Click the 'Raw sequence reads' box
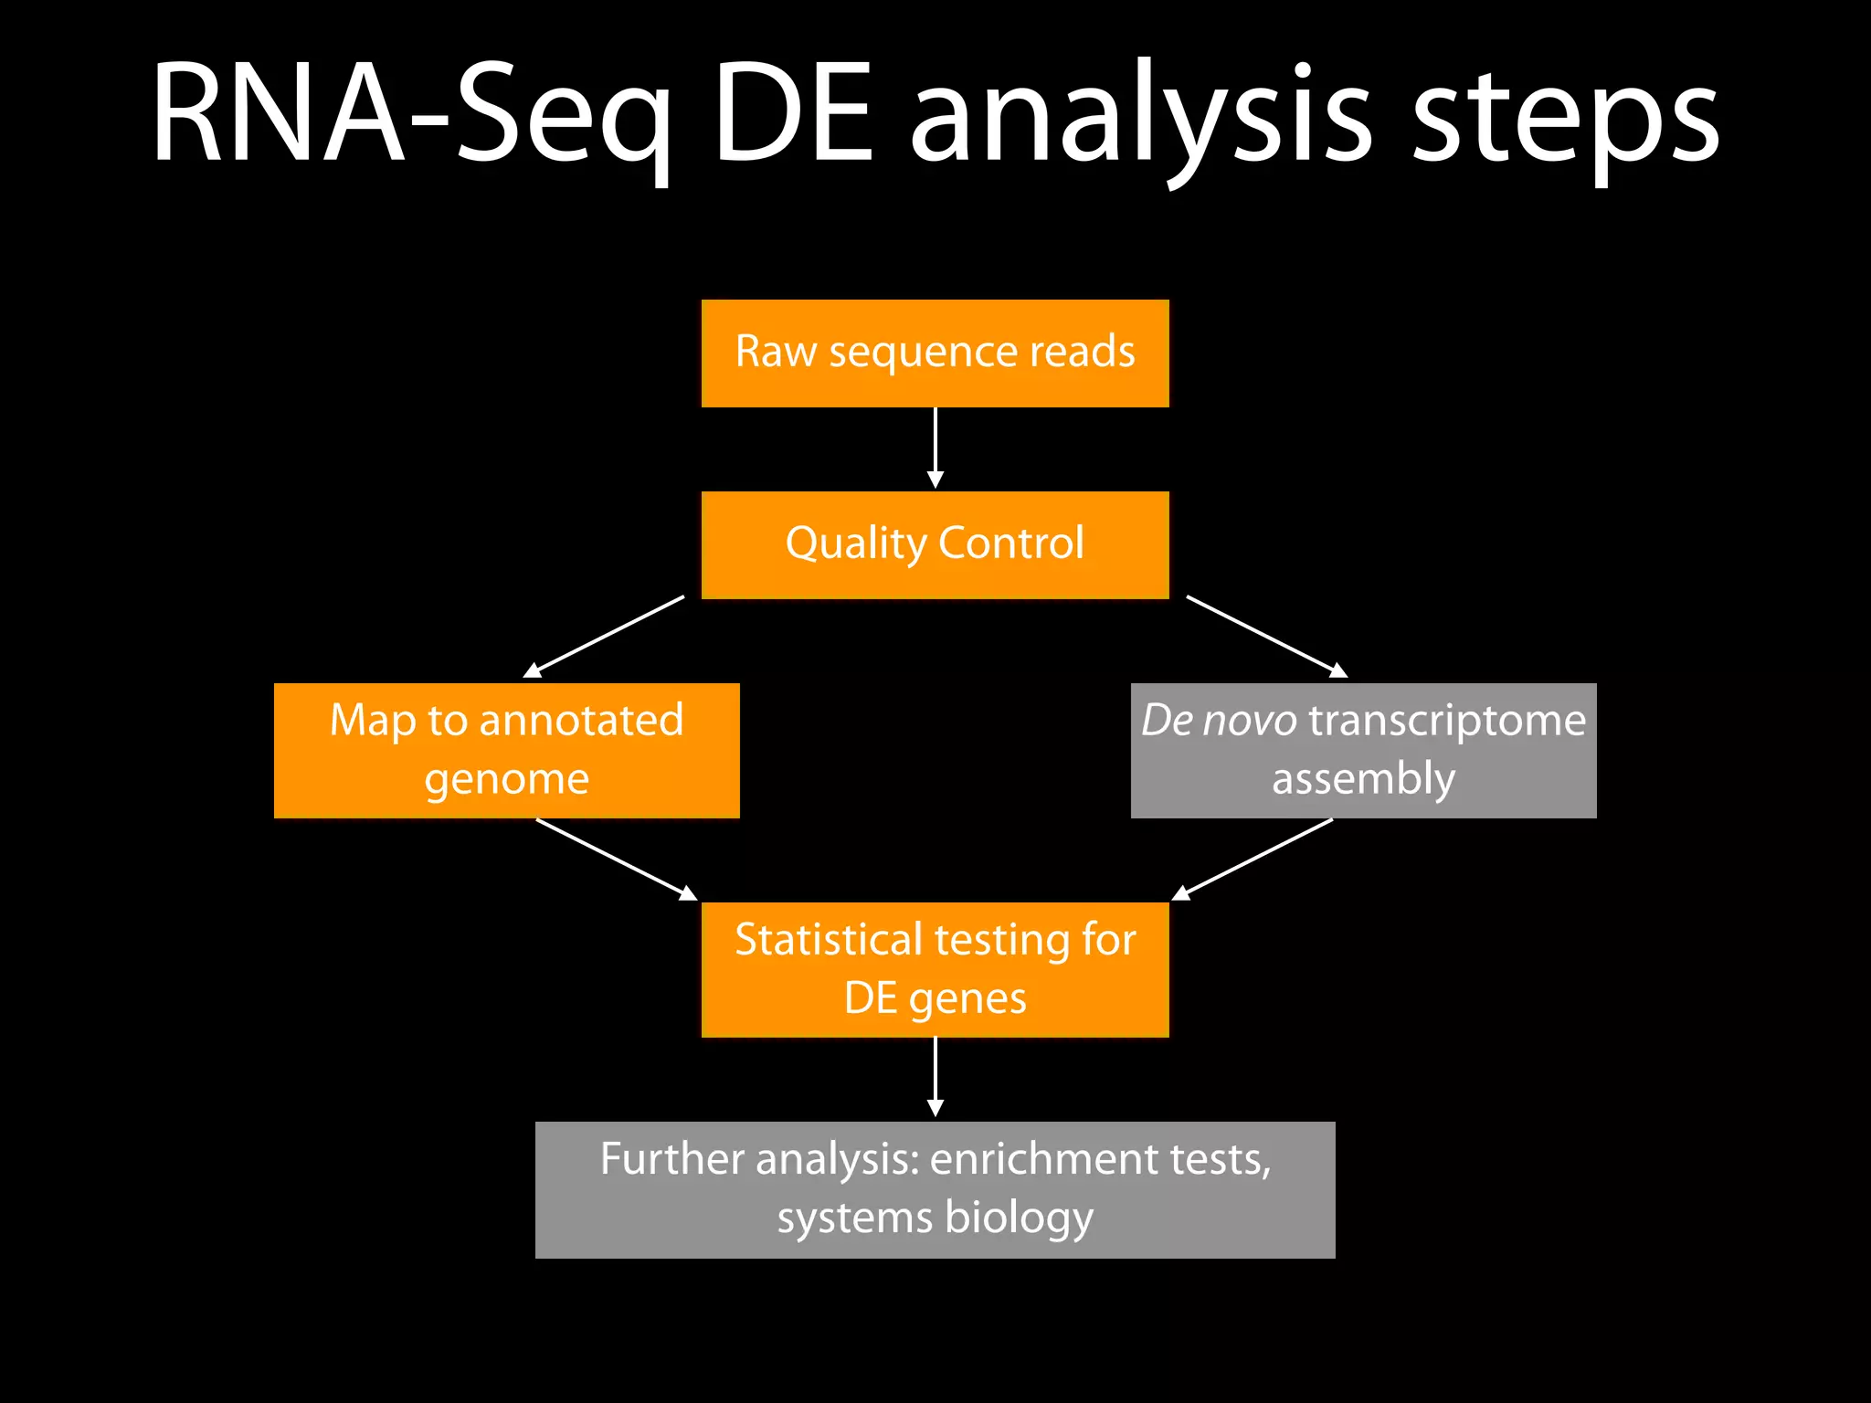tap(935, 353)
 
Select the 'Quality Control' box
tap(935, 545)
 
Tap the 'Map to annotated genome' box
tap(506, 750)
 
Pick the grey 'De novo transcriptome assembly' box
tap(1363, 750)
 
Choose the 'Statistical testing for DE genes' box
tap(935, 969)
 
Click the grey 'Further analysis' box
tap(935, 1189)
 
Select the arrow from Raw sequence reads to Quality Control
tap(935, 448)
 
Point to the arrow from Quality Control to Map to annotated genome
tap(604, 637)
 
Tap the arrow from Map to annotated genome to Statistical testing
tap(617, 859)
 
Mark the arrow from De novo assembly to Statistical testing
tap(1253, 859)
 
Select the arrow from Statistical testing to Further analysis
tap(935, 1077)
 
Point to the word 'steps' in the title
tap(1565, 119)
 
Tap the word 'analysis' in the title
tap(1140, 119)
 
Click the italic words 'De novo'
tap(1219, 720)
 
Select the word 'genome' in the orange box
tap(506, 780)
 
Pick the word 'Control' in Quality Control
tap(1010, 543)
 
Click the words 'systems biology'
tap(935, 1218)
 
